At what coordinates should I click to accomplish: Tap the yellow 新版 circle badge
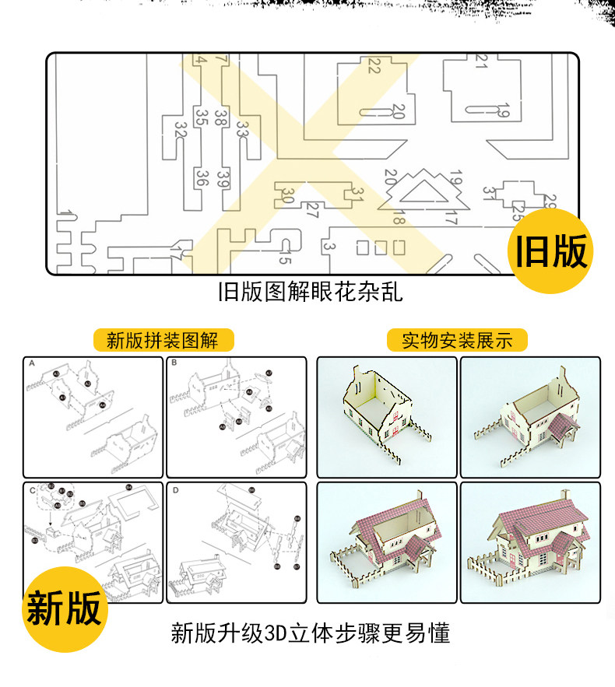coord(64,607)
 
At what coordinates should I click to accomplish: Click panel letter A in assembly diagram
coord(32,363)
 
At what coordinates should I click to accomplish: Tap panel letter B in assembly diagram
coord(175,363)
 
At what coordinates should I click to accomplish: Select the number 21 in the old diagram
coord(480,62)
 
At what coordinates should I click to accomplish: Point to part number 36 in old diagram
coord(202,178)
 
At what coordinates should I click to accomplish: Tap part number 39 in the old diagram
coord(223,179)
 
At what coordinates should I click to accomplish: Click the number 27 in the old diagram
coord(311,209)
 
